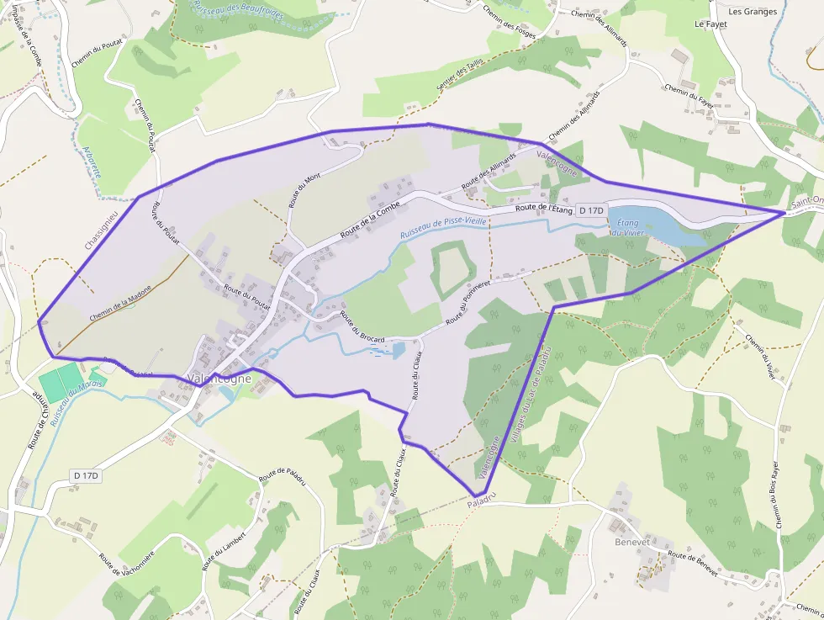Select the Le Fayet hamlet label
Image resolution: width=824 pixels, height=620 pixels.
click(x=710, y=24)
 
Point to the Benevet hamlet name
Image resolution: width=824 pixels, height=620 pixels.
click(x=631, y=543)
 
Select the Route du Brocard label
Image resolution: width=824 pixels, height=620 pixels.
click(x=362, y=328)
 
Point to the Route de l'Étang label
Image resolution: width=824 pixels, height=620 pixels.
click(x=544, y=208)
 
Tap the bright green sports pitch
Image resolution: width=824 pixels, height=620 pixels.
click(x=61, y=384)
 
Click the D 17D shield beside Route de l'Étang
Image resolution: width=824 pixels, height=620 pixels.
click(x=592, y=210)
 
